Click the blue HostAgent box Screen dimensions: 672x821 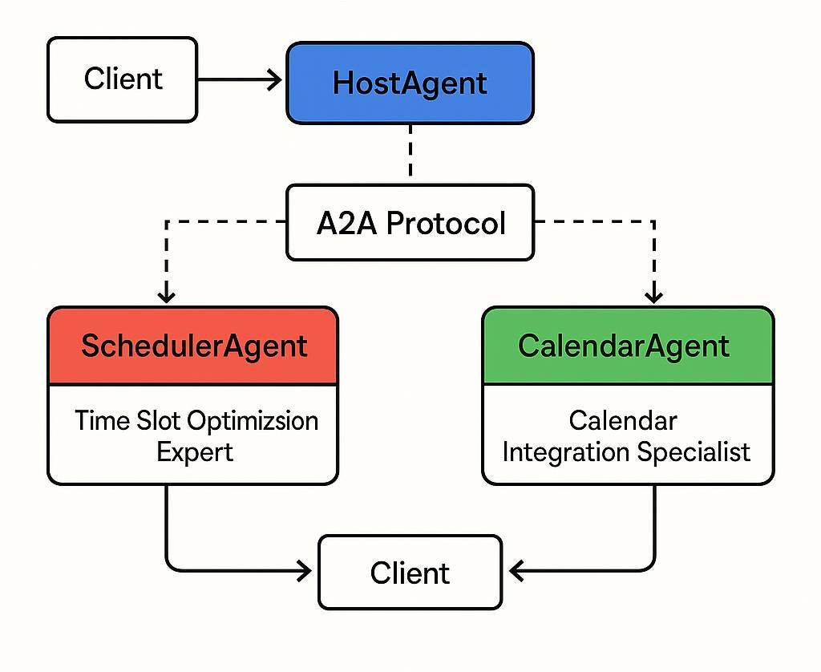410,83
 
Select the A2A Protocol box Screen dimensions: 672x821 410,223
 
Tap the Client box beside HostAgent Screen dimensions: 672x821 122,79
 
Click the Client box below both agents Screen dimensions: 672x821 410,573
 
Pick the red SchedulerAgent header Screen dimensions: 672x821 193,346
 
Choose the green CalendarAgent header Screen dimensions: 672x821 627,346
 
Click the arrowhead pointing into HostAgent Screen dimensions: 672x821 275,79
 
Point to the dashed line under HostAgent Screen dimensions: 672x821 410,152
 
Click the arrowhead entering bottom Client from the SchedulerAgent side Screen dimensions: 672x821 305,571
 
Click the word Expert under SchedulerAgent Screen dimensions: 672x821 194,451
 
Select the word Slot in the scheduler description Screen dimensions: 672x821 160,420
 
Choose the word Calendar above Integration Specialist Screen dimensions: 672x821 623,420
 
